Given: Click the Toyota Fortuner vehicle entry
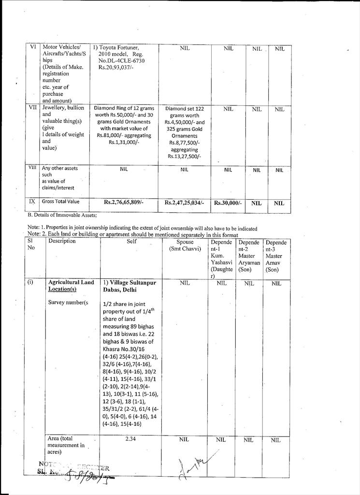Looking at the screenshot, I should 119,47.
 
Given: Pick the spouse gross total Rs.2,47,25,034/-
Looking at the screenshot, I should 184,203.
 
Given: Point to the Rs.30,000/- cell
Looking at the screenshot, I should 228,203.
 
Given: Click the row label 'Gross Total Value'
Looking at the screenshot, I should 60,202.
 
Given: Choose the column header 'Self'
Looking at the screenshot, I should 132,241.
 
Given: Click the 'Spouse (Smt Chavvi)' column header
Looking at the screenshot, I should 185,245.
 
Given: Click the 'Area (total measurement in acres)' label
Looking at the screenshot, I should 66,445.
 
